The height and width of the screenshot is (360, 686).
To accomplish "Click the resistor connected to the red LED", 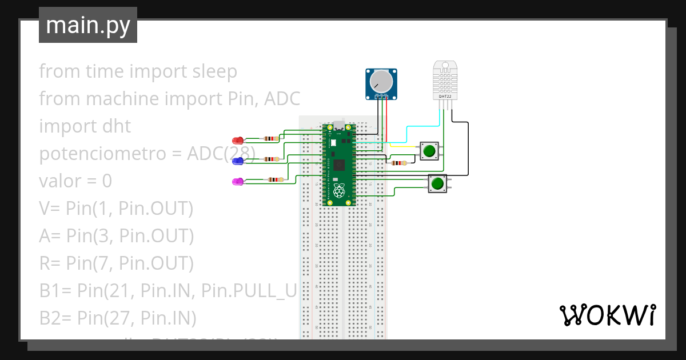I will pyautogui.click(x=269, y=138).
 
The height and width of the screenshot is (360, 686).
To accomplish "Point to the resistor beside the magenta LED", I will pyautogui.click(x=275, y=180).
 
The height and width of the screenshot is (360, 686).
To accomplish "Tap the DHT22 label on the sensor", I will pyautogui.click(x=445, y=97).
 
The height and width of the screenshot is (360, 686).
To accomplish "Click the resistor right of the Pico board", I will pyautogui.click(x=398, y=163).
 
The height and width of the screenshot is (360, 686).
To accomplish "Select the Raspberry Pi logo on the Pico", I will pyautogui.click(x=340, y=191).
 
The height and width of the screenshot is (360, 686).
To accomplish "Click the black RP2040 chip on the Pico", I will pyautogui.click(x=340, y=165).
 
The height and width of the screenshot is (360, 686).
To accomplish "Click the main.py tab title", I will pyautogui.click(x=88, y=26).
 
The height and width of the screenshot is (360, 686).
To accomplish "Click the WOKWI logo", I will pyautogui.click(x=607, y=315).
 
